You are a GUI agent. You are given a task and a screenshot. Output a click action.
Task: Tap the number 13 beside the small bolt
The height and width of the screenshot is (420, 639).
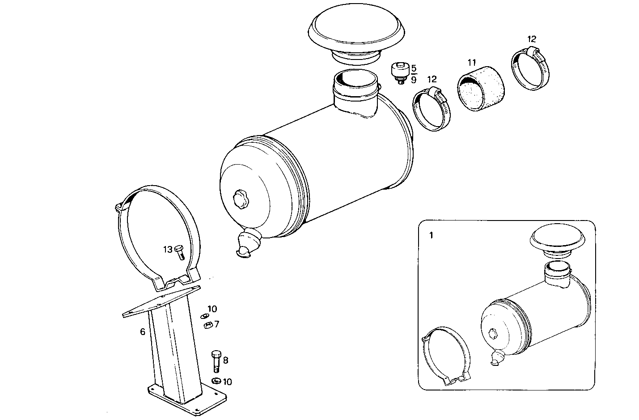coord(167,250)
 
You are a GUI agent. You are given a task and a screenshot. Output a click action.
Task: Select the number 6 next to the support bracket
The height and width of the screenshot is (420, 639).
coord(143,332)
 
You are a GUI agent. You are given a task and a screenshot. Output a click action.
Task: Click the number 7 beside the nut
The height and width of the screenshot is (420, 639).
coord(216,324)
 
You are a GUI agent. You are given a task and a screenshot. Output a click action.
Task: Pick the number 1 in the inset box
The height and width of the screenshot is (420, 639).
coord(431,236)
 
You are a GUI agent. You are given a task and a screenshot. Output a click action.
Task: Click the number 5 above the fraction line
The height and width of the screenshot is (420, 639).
coord(414,68)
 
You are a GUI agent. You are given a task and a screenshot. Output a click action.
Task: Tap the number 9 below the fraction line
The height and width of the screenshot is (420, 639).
coord(414,80)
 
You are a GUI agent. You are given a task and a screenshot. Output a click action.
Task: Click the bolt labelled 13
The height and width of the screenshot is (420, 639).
coord(180,252)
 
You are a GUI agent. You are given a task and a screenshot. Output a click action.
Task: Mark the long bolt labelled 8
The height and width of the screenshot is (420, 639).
coord(215,360)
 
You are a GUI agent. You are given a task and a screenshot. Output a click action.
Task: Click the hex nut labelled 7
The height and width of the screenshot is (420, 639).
coord(207,325)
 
